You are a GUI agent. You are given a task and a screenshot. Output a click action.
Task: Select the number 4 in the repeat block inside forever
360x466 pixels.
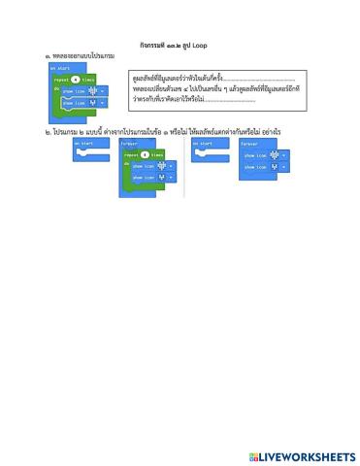pyautogui.click(x=145, y=153)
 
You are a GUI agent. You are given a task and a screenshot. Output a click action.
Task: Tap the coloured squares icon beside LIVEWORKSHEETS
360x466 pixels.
pyautogui.click(x=253, y=456)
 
